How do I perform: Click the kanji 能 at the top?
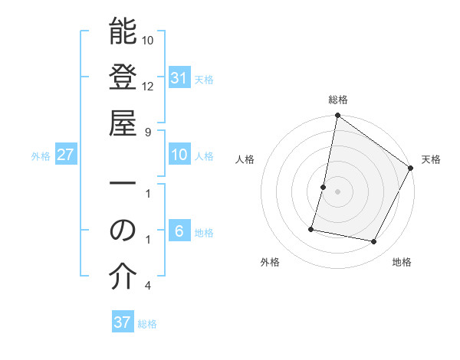pyautogui.click(x=123, y=31)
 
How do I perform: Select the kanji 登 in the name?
pyautogui.click(x=123, y=77)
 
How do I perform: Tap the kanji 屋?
pyautogui.click(x=123, y=123)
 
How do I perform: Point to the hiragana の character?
pyautogui.click(x=123, y=231)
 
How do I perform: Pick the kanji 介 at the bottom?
pyautogui.click(x=123, y=277)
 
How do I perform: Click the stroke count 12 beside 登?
pyautogui.click(x=148, y=86)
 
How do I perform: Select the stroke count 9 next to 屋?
pyautogui.click(x=148, y=132)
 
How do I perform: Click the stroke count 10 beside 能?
pyautogui.click(x=148, y=40)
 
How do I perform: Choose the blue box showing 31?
pyautogui.click(x=179, y=78)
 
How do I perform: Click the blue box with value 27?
pyautogui.click(x=65, y=155)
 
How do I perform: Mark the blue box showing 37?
pyautogui.click(x=122, y=322)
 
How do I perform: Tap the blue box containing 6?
pyautogui.click(x=179, y=231)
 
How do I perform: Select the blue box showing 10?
pyautogui.click(x=179, y=155)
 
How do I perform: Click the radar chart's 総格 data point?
pyautogui.click(x=337, y=116)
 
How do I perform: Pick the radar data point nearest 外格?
pyautogui.click(x=311, y=229)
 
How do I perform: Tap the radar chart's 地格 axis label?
pyautogui.click(x=402, y=262)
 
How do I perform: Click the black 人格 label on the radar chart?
pyautogui.click(x=245, y=159)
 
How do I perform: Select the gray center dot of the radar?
pyautogui.click(x=337, y=191)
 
